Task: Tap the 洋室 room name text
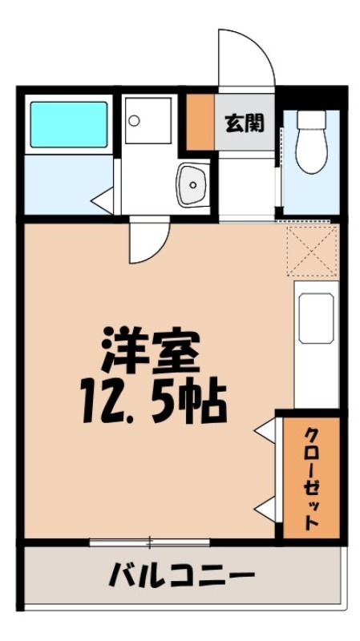point(149,349)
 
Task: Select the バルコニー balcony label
point(182,575)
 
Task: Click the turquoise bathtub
point(68,123)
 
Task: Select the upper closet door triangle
point(265,432)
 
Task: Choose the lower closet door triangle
point(265,506)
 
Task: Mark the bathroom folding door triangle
point(102,196)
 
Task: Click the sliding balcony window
point(149,542)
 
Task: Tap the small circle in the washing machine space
point(134,120)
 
